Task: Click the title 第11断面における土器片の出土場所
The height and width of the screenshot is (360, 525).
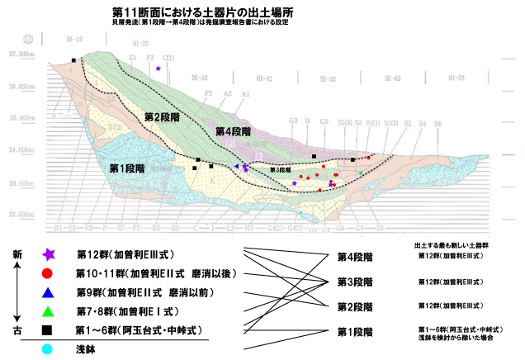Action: [200, 14]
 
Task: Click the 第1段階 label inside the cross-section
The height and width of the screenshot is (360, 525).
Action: [127, 168]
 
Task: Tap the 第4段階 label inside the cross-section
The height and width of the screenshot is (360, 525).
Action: [232, 131]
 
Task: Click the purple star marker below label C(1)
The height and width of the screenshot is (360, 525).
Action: [158, 69]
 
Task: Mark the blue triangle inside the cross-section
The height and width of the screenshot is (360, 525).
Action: [237, 167]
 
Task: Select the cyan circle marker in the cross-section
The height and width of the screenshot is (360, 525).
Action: [300, 213]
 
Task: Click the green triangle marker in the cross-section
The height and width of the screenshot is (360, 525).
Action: [361, 173]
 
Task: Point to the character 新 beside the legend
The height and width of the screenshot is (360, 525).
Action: [17, 256]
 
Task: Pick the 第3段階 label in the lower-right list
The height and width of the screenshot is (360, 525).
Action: [355, 282]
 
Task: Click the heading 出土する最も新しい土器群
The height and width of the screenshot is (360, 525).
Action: [452, 245]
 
